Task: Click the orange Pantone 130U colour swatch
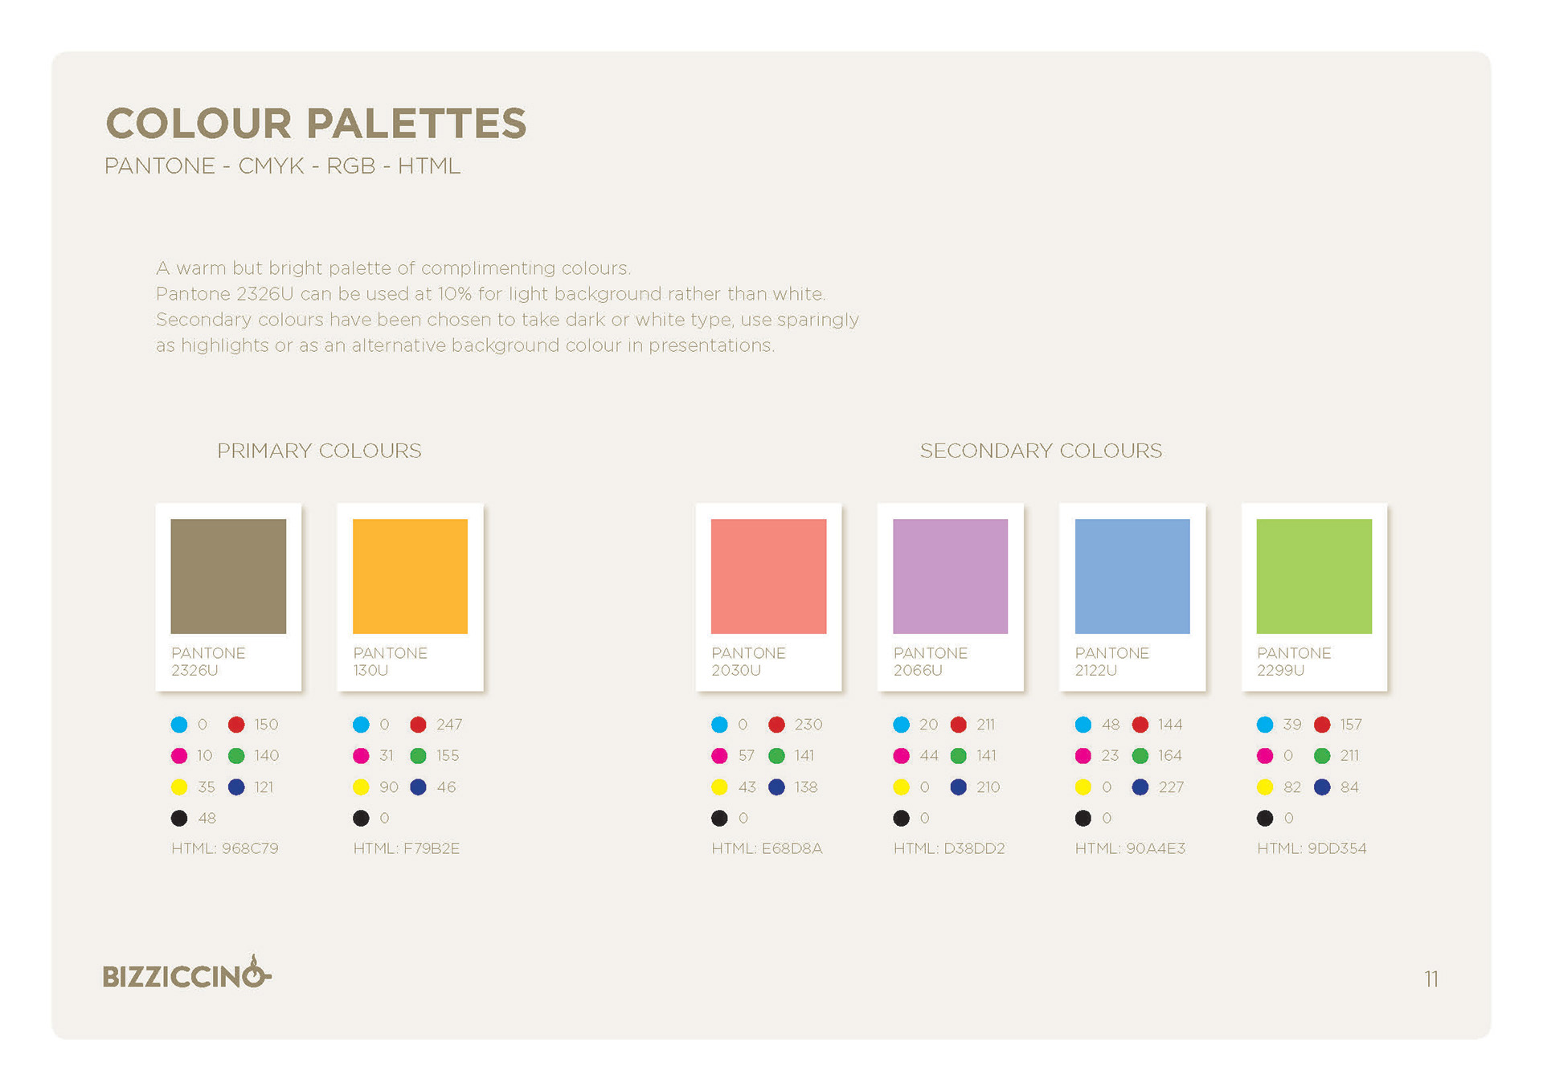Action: click(410, 576)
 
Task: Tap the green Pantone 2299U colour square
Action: click(1314, 576)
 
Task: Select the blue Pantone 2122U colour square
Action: click(1132, 576)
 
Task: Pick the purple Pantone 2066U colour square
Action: click(950, 576)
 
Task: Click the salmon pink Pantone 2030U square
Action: click(768, 576)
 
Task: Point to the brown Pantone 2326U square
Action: click(228, 576)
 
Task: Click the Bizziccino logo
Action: click(187, 973)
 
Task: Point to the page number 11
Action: click(1431, 979)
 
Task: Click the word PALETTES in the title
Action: click(416, 124)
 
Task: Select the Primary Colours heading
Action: click(319, 451)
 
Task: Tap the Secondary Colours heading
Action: click(1041, 451)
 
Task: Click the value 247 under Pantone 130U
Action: click(449, 725)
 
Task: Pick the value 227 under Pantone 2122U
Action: click(1171, 787)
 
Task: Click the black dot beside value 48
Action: click(179, 818)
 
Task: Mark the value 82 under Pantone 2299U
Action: click(1292, 787)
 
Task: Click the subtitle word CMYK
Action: click(272, 165)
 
